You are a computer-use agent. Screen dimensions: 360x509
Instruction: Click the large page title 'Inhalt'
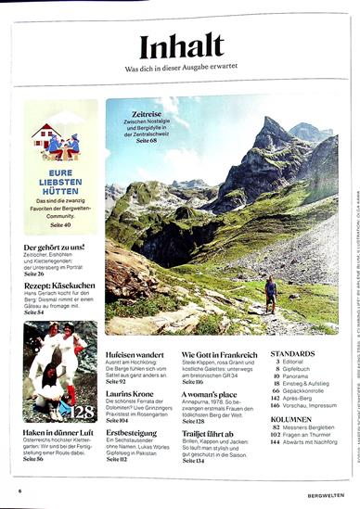(181, 45)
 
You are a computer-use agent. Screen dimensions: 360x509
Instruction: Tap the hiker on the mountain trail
(270, 293)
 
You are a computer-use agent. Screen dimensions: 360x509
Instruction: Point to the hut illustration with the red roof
(48, 138)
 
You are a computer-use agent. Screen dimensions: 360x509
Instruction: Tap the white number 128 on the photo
(81, 411)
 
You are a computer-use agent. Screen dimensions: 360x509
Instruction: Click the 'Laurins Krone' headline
(131, 393)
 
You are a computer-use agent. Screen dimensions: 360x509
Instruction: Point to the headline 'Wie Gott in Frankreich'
(219, 354)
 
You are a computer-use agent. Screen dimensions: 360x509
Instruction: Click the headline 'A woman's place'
(209, 393)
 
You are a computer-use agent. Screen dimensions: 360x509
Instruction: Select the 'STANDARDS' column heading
(292, 354)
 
